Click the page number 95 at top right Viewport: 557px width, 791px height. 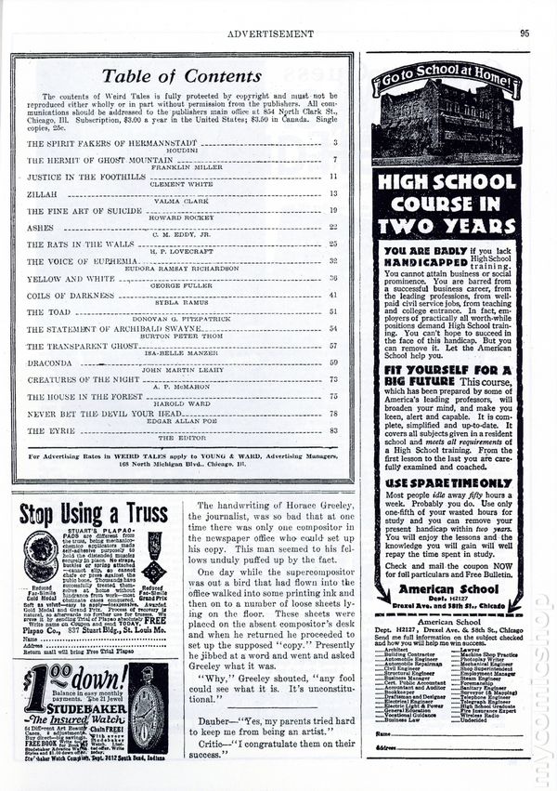[x=525, y=33]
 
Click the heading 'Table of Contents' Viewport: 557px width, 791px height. [x=179, y=76]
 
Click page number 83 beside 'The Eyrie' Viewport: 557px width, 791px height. [x=333, y=431]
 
